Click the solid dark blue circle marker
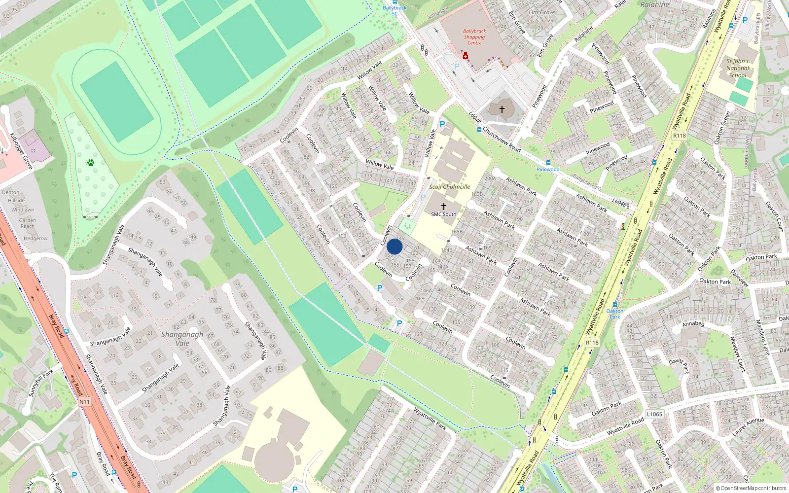click(x=394, y=246)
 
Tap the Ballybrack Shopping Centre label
click(x=474, y=37)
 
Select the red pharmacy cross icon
click(x=465, y=56)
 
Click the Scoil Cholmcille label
click(x=449, y=187)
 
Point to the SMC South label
click(x=443, y=214)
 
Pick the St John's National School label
click(x=738, y=69)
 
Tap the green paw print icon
click(x=91, y=162)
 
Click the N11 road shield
click(x=84, y=402)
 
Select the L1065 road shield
click(x=654, y=414)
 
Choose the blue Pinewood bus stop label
click(x=548, y=170)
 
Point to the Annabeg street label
click(x=693, y=324)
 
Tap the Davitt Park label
click(x=679, y=365)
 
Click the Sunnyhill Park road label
click(x=40, y=383)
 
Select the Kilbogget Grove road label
click(x=21, y=151)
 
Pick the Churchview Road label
click(x=501, y=140)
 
